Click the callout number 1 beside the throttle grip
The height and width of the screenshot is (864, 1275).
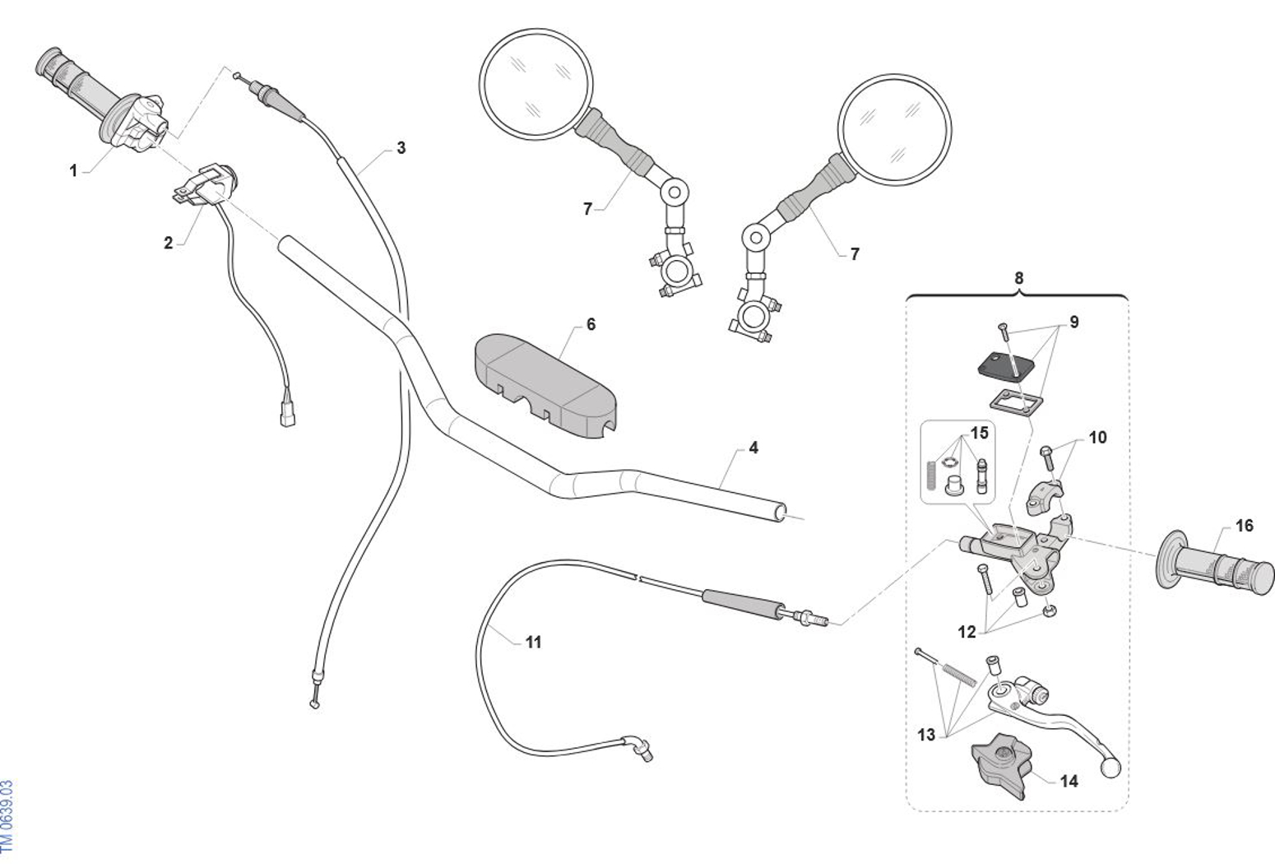point(73,171)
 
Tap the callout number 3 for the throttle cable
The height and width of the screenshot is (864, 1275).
point(401,148)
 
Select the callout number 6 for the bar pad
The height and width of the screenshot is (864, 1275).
point(591,325)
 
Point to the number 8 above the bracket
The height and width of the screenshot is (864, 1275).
point(1018,278)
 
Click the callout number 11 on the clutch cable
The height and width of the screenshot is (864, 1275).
point(534,642)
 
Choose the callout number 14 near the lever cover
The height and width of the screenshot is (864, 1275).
point(1069,781)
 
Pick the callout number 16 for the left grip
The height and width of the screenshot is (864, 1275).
point(1244,526)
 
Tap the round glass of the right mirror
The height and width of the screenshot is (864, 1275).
point(894,130)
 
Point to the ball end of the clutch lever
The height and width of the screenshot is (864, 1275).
point(1110,768)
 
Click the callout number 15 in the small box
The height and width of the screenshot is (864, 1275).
point(979,433)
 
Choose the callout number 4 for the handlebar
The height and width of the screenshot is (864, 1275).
point(753,448)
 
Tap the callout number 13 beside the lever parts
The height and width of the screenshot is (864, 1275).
point(926,734)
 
